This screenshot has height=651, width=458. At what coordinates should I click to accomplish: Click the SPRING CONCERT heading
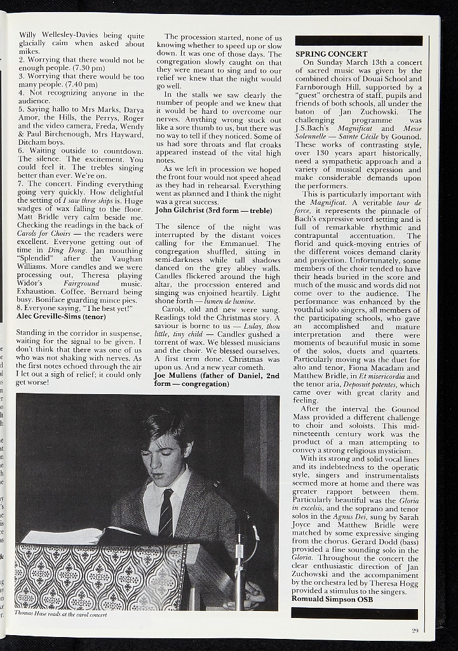coord(331,54)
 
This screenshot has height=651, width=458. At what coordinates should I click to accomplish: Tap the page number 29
coord(415,630)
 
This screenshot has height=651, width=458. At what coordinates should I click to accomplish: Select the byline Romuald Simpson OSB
coord(332,599)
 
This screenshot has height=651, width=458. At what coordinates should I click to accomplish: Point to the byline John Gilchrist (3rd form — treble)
coord(213,210)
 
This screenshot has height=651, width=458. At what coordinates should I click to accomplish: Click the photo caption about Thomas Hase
coord(62,615)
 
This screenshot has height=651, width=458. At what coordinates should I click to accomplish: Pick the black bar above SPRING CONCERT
coord(358,41)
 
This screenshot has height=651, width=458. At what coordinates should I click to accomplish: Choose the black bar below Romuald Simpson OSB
coord(354,613)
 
